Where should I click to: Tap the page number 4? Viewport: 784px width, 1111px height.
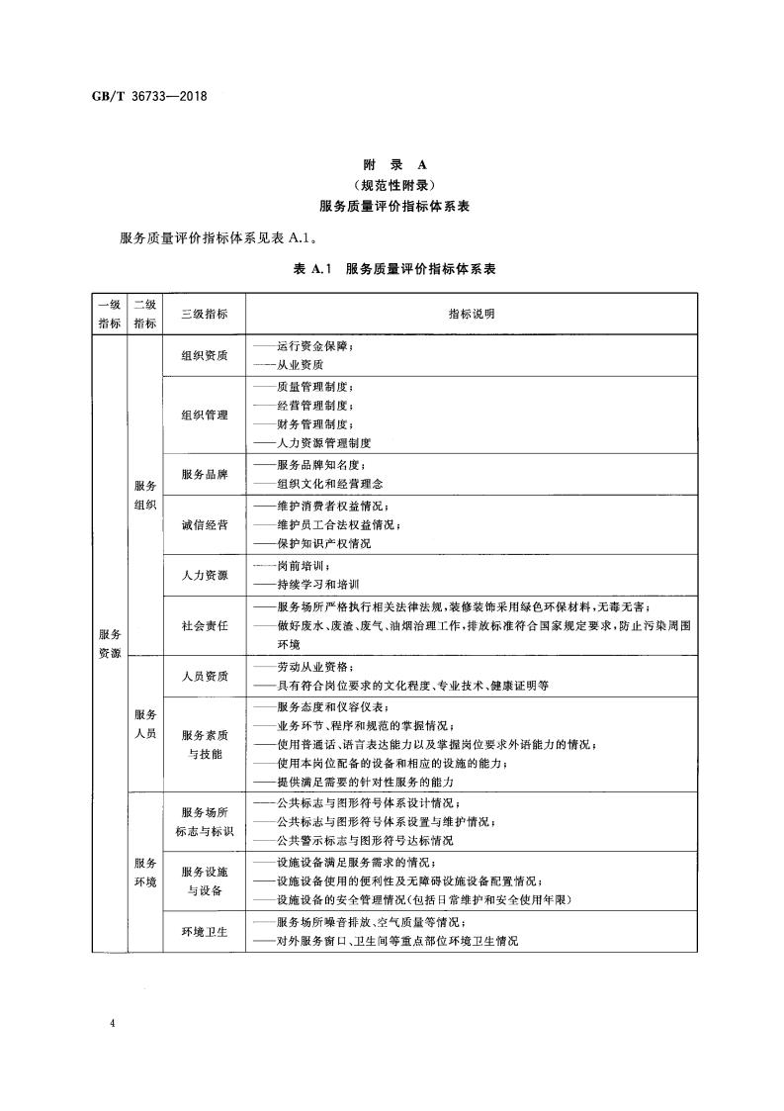point(116,1021)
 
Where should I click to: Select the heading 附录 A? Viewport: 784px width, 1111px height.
point(392,166)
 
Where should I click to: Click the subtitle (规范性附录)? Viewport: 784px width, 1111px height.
point(392,186)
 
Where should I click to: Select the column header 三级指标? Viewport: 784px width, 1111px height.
point(205,314)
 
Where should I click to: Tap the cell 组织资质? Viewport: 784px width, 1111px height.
point(205,356)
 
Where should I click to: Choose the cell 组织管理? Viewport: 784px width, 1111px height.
point(205,415)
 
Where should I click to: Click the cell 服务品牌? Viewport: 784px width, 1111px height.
point(205,474)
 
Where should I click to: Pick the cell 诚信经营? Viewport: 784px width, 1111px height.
point(205,524)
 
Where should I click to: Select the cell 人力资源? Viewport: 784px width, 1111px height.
point(205,575)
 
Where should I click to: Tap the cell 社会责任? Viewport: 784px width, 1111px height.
point(205,625)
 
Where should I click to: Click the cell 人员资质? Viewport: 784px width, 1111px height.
point(205,676)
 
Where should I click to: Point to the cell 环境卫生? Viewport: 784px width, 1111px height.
point(205,932)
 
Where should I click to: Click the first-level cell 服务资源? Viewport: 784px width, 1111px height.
point(109,643)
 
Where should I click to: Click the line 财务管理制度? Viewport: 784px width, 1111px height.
point(314,424)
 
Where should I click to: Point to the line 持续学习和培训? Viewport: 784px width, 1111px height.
point(319,585)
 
